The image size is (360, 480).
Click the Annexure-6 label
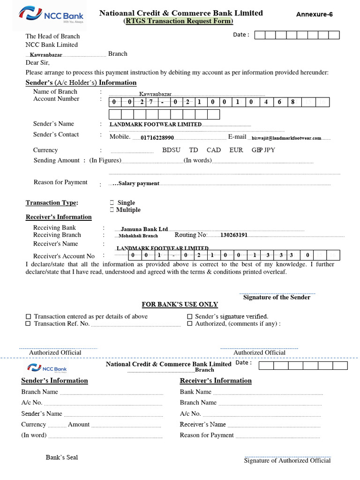tap(315, 15)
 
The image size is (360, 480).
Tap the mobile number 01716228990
tap(157, 138)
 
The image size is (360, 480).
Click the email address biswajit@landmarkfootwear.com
tap(286, 138)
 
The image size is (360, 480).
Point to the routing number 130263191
tap(234, 235)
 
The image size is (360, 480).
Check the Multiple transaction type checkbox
tap(112, 210)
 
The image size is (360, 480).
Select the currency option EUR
tap(236, 150)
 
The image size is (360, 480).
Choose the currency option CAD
tap(213, 150)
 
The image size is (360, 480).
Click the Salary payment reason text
tap(138, 184)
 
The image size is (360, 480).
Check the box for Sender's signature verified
tap(190, 317)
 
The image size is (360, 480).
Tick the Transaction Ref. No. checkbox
tap(29, 324)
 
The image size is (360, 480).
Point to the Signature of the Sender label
tap(277, 298)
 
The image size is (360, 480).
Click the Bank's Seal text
tap(62, 457)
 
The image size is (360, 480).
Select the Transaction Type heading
tap(52, 203)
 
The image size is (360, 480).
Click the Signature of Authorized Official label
tap(287, 461)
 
